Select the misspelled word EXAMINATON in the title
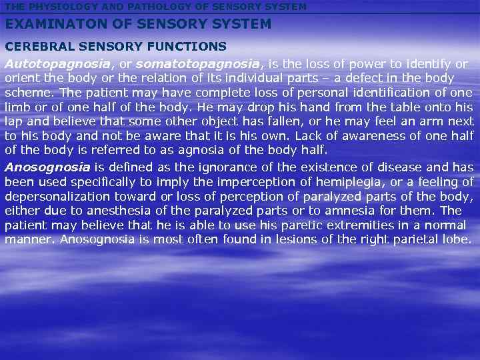pos(54,25)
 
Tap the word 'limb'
pos(16,107)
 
